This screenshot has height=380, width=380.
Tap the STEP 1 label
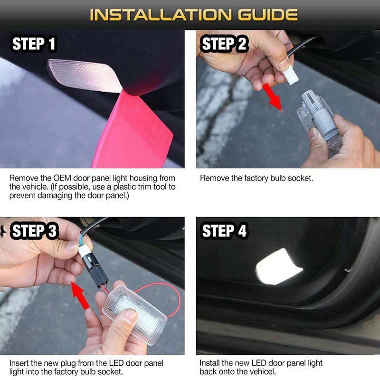[x=34, y=44]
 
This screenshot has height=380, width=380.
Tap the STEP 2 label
[x=224, y=44]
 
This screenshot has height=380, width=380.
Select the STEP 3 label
[x=34, y=230]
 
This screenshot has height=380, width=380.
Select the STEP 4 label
[x=224, y=230]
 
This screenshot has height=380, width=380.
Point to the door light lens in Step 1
[x=85, y=76]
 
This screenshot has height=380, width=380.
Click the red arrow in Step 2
[x=272, y=97]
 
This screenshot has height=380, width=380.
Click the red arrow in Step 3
[x=80, y=295]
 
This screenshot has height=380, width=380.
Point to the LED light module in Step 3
[x=135, y=314]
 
